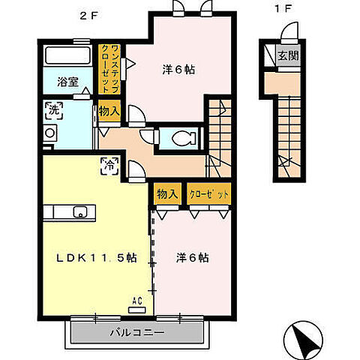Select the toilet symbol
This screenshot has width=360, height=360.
184,137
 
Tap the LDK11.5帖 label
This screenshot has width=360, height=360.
97,257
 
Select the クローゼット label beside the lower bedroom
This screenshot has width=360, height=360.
208,194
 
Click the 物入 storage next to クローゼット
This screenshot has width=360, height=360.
167,194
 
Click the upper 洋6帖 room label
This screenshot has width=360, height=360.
179,69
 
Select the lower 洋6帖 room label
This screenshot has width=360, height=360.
192,257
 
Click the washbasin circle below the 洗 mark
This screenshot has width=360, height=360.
50,133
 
